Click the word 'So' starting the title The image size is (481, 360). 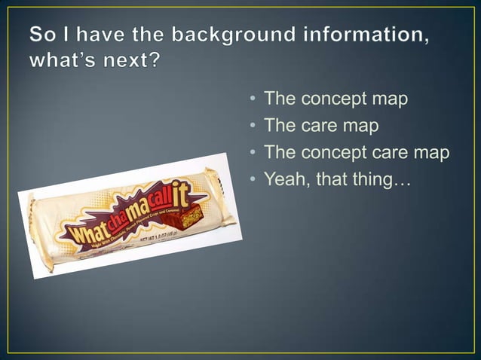click(x=42, y=35)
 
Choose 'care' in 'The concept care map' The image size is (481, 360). click(x=397, y=153)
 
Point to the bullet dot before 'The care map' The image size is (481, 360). click(x=252, y=127)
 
